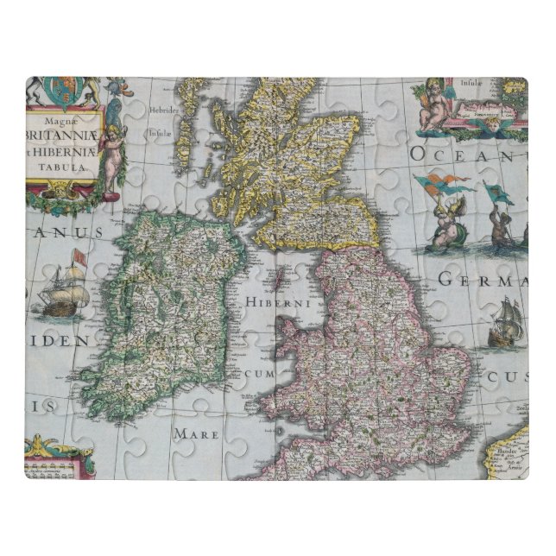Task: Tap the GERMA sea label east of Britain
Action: coord(483,280)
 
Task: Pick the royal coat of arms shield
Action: coord(64,88)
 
